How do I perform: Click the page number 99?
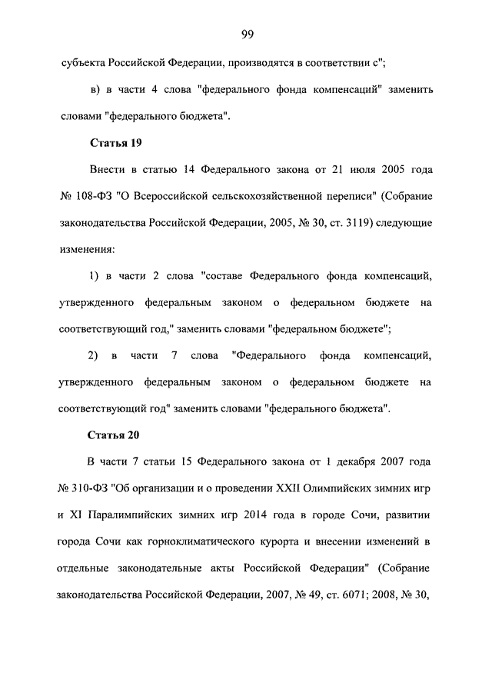pyautogui.click(x=246, y=33)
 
